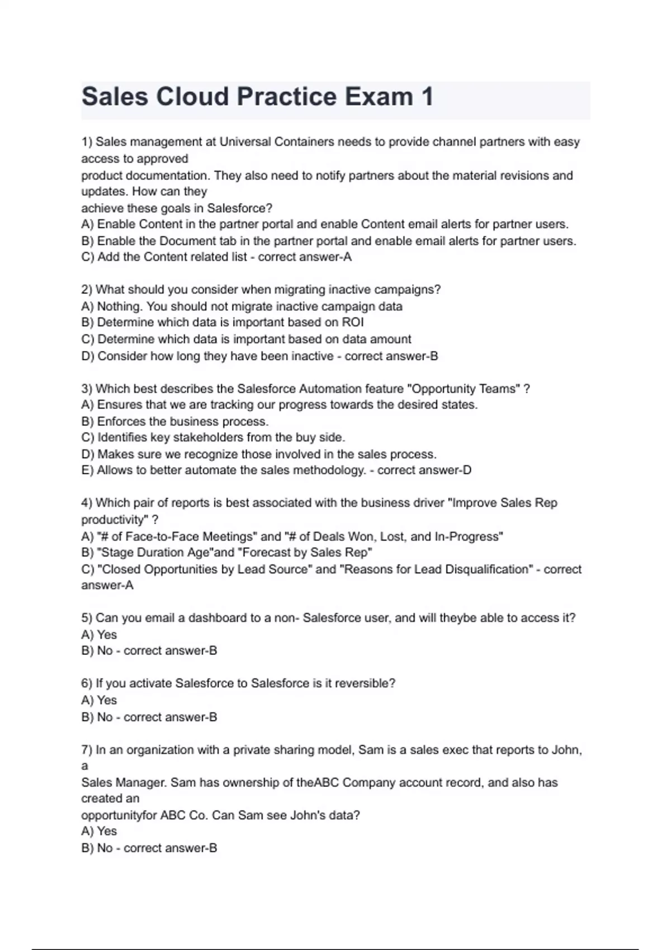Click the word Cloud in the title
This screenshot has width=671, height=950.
[x=191, y=97]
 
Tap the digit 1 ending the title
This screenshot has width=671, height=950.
[x=427, y=97]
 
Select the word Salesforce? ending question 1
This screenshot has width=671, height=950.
[x=240, y=208]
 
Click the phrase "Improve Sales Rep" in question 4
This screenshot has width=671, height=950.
[x=504, y=503]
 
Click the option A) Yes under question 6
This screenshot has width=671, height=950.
[x=99, y=700]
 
